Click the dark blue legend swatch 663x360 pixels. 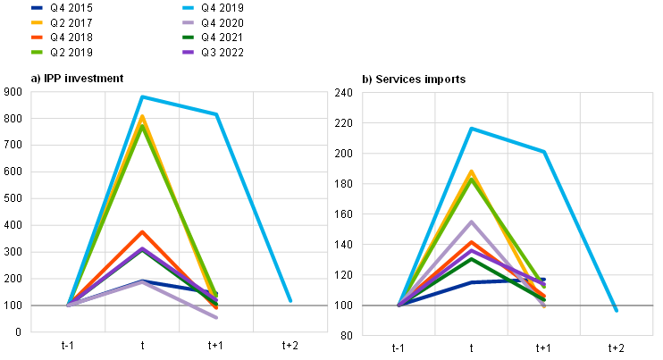[x=37, y=7]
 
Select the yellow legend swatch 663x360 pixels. [x=37, y=22]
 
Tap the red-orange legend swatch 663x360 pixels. [x=37, y=38]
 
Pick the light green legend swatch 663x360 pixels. [x=37, y=53]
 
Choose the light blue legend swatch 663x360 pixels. [x=188, y=7]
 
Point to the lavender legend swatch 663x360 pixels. [x=188, y=22]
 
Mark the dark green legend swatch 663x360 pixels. [x=188, y=38]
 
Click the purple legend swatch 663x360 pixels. [x=188, y=53]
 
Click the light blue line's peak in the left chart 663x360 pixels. [x=142, y=96]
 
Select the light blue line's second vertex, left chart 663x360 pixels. [x=216, y=114]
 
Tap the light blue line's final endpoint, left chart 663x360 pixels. [x=290, y=300]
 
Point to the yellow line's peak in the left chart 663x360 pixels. [x=142, y=116]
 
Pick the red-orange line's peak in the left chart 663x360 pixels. [x=142, y=232]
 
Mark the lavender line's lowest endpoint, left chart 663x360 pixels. [x=216, y=318]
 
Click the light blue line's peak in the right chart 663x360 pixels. [x=472, y=129]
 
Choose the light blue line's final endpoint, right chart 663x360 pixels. [x=617, y=310]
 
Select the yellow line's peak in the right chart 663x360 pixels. [x=472, y=171]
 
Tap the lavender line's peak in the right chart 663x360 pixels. [x=472, y=222]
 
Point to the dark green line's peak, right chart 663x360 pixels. [x=472, y=258]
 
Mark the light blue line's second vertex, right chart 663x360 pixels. [x=544, y=152]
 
